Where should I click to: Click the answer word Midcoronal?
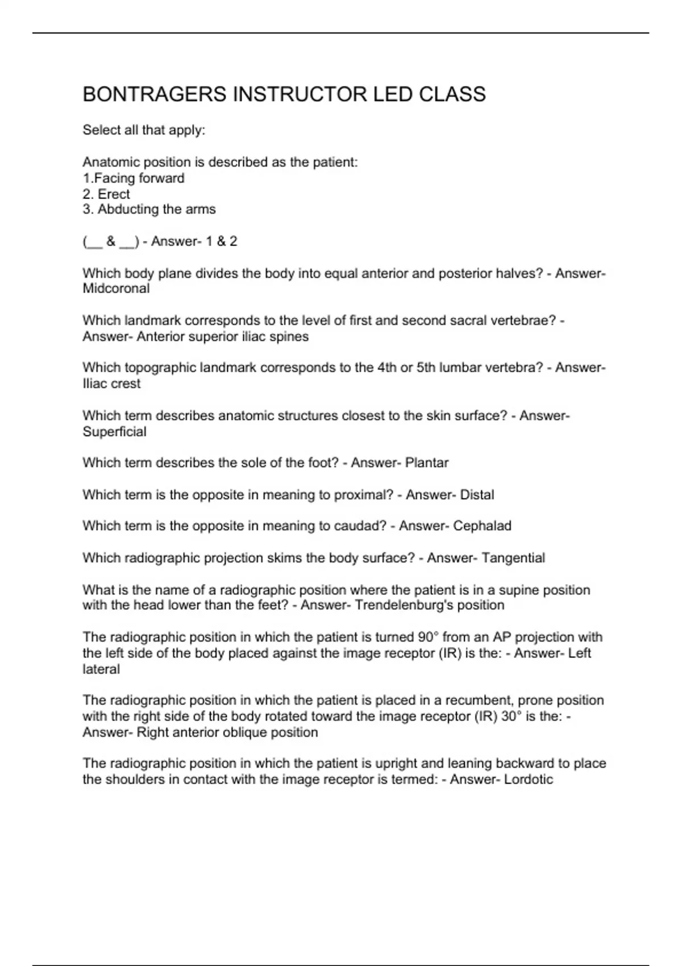pos(116,289)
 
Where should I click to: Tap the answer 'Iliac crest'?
pos(111,384)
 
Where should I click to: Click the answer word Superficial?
pos(114,432)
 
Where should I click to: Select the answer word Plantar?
pos(427,463)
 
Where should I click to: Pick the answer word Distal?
pos(477,495)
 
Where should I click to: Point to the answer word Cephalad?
pos(482,526)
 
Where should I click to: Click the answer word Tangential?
pos(513,558)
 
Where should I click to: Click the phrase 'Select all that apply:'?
pos(144,130)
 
